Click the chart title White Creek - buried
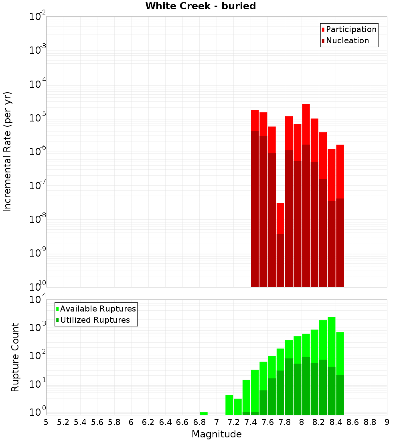point(200,6)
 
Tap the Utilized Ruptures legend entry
point(95,320)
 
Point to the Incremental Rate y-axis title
point(7,152)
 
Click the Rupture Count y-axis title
point(15,357)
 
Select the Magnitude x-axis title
point(217,434)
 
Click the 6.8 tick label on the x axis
point(199,422)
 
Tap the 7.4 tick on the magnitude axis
point(251,422)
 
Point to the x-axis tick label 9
point(387,422)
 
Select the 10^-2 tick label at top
point(38,17)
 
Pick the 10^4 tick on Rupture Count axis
point(38,300)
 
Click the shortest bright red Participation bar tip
point(280,204)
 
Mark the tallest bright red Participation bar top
point(306,105)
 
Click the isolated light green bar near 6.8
point(204,413)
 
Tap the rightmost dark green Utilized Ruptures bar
point(340,395)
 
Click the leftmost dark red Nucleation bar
point(255,208)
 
